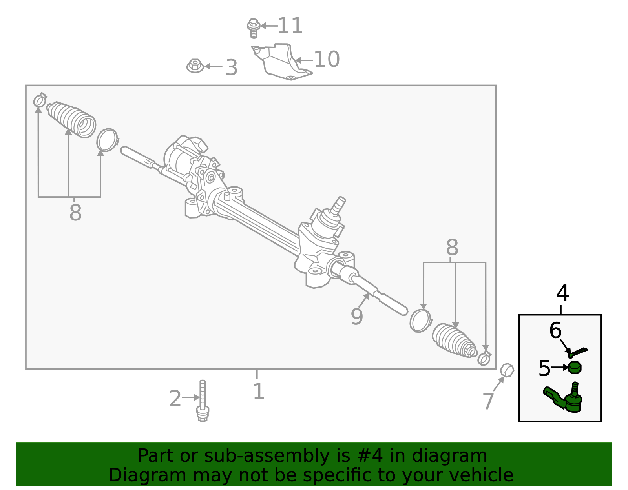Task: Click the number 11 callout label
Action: [x=290, y=26]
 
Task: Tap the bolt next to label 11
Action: [x=254, y=28]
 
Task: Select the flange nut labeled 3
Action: [x=195, y=66]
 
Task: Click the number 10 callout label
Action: [x=327, y=59]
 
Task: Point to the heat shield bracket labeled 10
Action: [x=280, y=60]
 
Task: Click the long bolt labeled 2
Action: [x=203, y=401]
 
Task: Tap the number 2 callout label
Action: [x=175, y=399]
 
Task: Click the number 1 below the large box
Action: [x=258, y=392]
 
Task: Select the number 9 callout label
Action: [x=357, y=317]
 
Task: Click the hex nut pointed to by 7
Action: [x=507, y=370]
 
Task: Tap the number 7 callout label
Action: [x=488, y=401]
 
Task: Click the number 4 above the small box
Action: [x=562, y=293]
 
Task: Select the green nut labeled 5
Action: [x=575, y=368]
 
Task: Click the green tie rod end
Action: [x=565, y=399]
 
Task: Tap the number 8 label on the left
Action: [x=75, y=213]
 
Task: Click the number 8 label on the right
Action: [x=452, y=248]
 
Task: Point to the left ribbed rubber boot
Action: [x=73, y=119]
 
